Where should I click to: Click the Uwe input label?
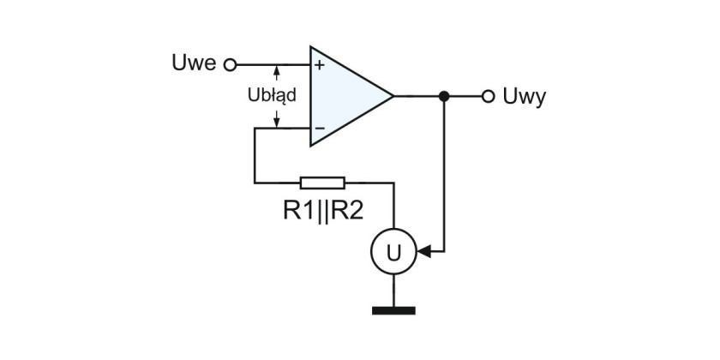(194, 63)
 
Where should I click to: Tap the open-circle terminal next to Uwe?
(230, 65)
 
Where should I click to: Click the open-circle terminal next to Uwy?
(488, 96)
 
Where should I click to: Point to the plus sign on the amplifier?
(319, 65)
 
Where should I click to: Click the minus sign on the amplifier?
(320, 128)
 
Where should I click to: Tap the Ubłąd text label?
(272, 95)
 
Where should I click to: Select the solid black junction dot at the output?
(444, 96)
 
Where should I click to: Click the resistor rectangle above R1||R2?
(322, 183)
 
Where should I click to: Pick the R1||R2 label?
(323, 212)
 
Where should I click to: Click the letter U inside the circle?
(393, 252)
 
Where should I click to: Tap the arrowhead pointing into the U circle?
(424, 252)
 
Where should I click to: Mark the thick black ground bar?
(393, 311)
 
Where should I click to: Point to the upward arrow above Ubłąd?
(276, 73)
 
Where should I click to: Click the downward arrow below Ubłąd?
(276, 119)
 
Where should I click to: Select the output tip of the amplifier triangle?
(393, 96)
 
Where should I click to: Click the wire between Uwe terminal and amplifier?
(273, 65)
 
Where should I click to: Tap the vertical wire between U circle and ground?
(393, 291)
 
